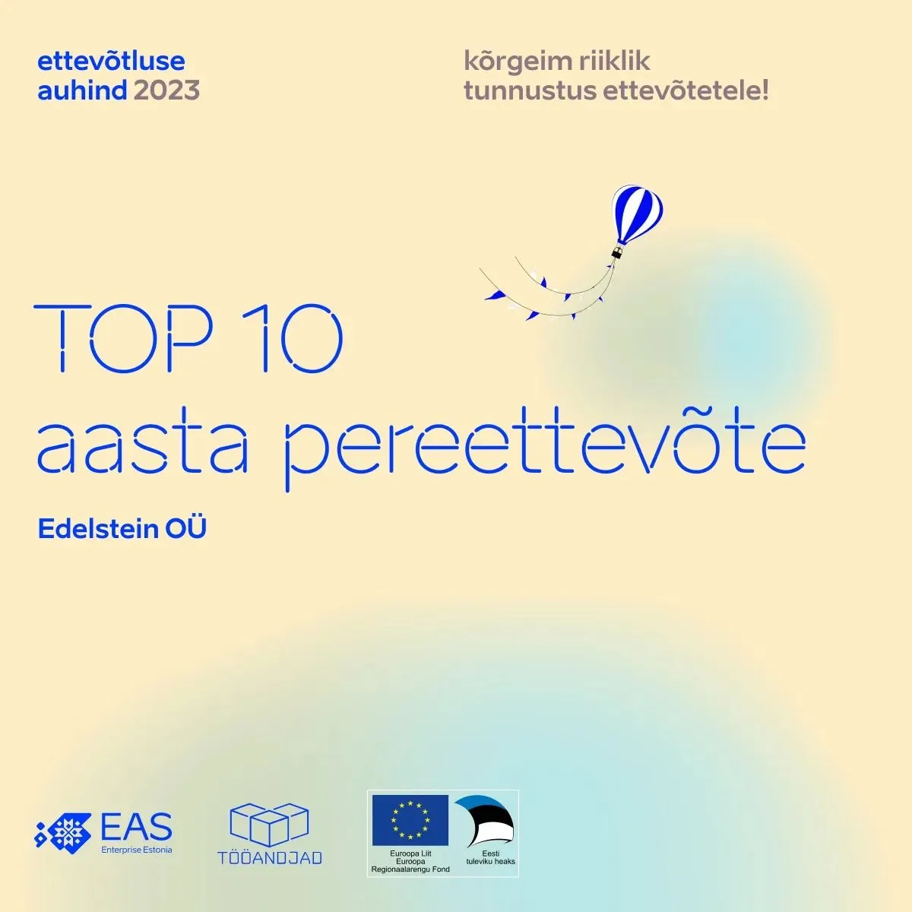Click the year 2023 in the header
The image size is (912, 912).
click(x=166, y=91)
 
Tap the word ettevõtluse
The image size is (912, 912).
click(x=111, y=61)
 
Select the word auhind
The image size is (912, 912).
click(x=82, y=91)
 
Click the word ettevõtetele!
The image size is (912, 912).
click(x=686, y=91)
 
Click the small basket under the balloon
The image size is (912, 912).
click(x=617, y=252)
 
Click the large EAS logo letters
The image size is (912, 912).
click(x=136, y=827)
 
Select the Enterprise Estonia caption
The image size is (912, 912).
click(x=137, y=849)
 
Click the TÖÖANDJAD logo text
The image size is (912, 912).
click(x=270, y=857)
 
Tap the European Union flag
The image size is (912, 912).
click(x=410, y=821)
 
